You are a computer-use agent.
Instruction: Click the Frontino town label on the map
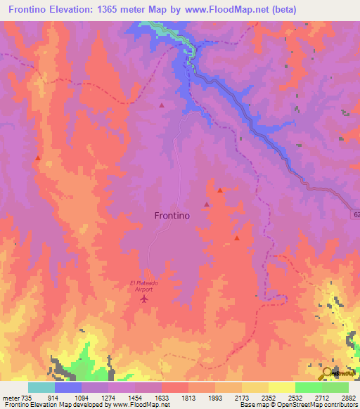pyautogui.click(x=172, y=216)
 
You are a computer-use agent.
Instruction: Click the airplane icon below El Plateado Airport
pyautogui.click(x=145, y=300)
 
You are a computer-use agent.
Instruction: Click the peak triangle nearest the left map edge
pyautogui.click(x=37, y=158)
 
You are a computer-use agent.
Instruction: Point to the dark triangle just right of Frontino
pyautogui.click(x=206, y=204)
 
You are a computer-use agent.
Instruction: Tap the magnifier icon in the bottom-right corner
pyautogui.click(x=328, y=372)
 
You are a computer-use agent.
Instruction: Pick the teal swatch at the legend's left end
pyautogui.click(x=41, y=387)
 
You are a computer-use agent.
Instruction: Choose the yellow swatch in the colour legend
pyautogui.click(x=281, y=387)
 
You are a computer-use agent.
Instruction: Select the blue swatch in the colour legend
pyautogui.click(x=68, y=387)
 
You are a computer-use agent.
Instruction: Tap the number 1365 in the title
pyautogui.click(x=117, y=9)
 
